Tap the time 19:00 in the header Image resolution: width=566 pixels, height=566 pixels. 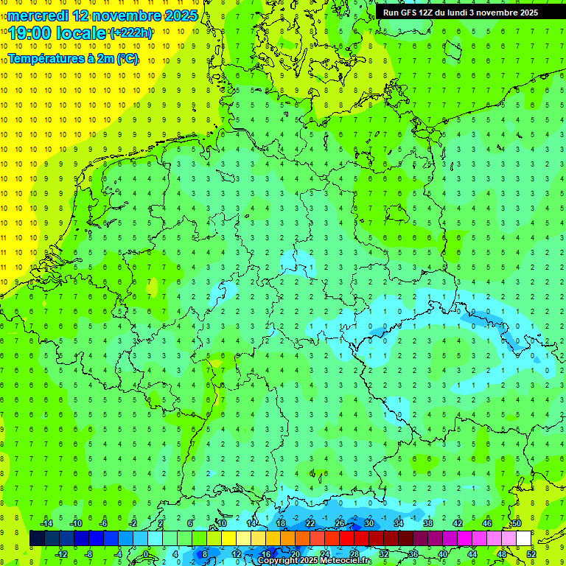click(x=30, y=33)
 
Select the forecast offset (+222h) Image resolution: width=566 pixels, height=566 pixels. click(x=130, y=33)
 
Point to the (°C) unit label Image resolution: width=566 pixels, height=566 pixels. click(x=127, y=59)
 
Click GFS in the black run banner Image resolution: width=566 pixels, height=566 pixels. click(x=410, y=13)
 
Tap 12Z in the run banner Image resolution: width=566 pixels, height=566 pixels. click(x=431, y=13)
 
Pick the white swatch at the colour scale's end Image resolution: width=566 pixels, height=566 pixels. click(x=523, y=539)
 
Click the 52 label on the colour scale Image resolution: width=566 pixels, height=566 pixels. click(x=531, y=554)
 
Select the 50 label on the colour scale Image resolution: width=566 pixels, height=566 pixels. click(x=516, y=523)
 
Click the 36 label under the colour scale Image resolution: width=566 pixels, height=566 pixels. click(x=413, y=554)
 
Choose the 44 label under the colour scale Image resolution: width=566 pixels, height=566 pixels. click(x=472, y=554)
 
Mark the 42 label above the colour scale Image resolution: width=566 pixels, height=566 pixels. click(x=457, y=523)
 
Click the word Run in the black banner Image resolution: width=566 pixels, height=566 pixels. click(x=391, y=13)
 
